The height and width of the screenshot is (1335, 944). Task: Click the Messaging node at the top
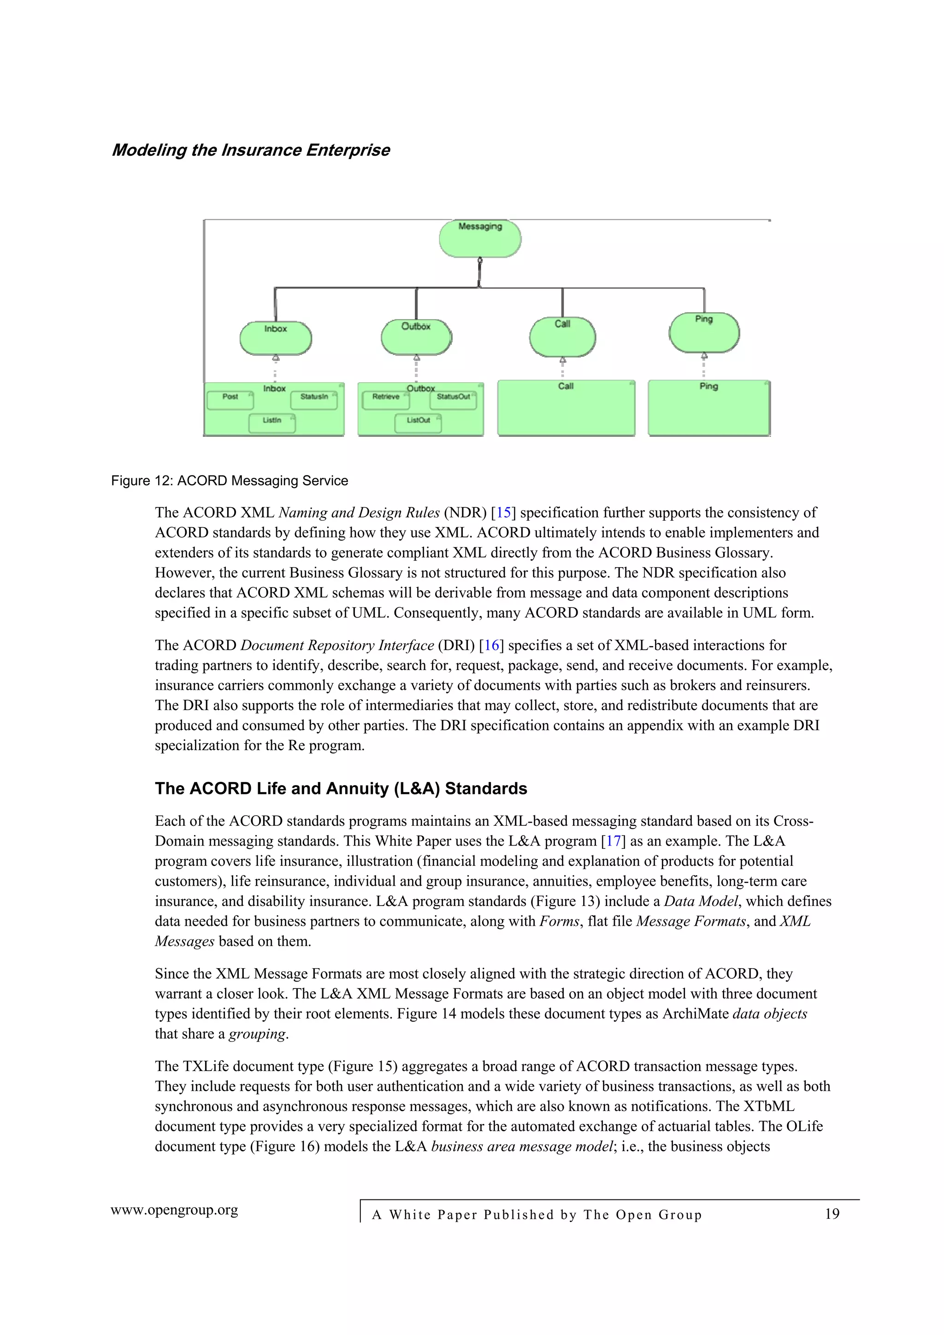(480, 238)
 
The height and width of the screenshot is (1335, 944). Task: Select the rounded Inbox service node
(276, 338)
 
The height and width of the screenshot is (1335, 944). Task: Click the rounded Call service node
(562, 337)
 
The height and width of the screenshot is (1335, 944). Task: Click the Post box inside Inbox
(230, 400)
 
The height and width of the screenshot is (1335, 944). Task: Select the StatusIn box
(314, 400)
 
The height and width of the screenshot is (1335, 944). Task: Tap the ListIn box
(271, 423)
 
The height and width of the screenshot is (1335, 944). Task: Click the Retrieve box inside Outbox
(386, 400)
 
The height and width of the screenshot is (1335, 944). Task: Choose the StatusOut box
(453, 400)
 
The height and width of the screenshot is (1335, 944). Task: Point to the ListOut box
(418, 423)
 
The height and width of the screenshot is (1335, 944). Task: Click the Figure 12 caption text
(229, 481)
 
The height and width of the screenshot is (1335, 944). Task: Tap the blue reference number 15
(503, 513)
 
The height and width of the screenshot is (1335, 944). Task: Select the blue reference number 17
(613, 841)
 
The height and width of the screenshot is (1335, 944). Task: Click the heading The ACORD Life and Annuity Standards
(341, 788)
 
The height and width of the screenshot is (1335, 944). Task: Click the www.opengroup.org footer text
(175, 1210)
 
